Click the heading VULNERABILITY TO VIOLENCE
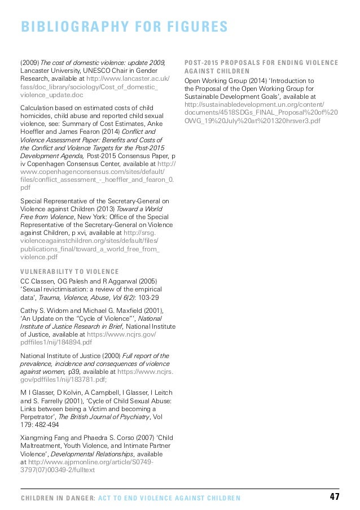click(69, 271)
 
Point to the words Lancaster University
click(49, 71)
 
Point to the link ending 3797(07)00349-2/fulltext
click(58, 469)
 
